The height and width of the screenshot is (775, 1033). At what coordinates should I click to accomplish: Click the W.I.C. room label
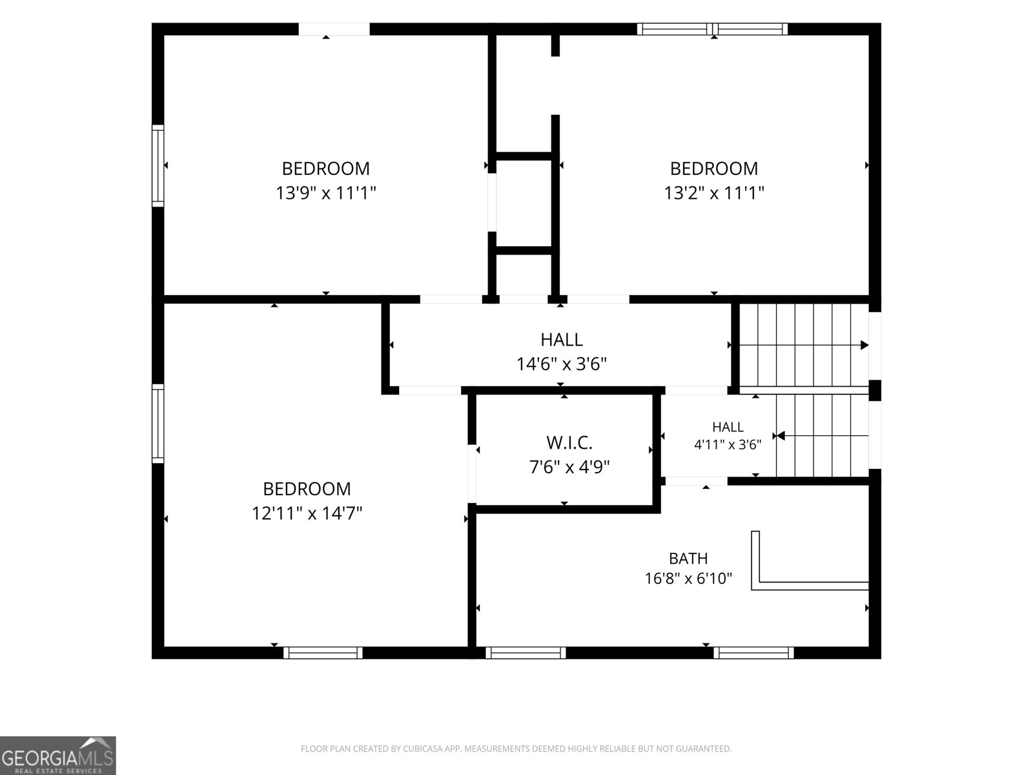pyautogui.click(x=569, y=443)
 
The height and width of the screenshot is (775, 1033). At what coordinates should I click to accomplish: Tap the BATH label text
pyautogui.click(x=688, y=559)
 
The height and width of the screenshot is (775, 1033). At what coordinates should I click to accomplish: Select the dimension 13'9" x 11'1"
pyautogui.click(x=325, y=193)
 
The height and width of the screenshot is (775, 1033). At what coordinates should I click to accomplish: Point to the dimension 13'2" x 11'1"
pyautogui.click(x=714, y=193)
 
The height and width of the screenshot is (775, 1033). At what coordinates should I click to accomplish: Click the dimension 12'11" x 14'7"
pyautogui.click(x=307, y=513)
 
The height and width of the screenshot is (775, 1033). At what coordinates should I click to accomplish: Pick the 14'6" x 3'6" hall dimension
pyautogui.click(x=562, y=364)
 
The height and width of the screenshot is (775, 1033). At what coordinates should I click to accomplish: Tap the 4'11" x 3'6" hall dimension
pyautogui.click(x=728, y=445)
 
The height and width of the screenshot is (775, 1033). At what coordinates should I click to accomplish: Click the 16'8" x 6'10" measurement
pyautogui.click(x=688, y=578)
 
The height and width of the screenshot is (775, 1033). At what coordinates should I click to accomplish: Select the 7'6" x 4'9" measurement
pyautogui.click(x=569, y=467)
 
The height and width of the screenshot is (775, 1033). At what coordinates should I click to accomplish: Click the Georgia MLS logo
pyautogui.click(x=58, y=756)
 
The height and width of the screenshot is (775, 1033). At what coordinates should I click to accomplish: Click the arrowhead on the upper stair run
pyautogui.click(x=864, y=345)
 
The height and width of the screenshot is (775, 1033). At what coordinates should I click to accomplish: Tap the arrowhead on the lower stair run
pyautogui.click(x=781, y=436)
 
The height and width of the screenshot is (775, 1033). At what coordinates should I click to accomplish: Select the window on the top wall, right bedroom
pyautogui.click(x=712, y=29)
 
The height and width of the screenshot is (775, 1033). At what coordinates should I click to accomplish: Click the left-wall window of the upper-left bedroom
pyautogui.click(x=158, y=165)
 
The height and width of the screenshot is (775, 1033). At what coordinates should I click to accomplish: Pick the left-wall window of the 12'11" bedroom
pyautogui.click(x=158, y=424)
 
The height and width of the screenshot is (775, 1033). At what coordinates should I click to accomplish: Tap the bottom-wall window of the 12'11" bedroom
pyautogui.click(x=323, y=653)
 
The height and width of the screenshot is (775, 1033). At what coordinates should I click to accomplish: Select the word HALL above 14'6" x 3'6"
pyautogui.click(x=562, y=340)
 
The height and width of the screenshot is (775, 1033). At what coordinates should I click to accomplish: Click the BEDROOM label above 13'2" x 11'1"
pyautogui.click(x=714, y=169)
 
